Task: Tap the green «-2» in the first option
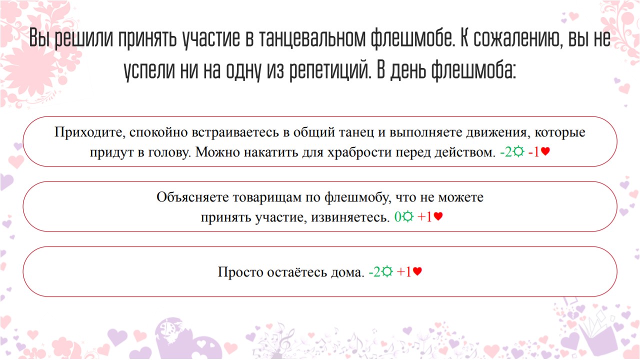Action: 505,151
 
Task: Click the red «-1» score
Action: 533,151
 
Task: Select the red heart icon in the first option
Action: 545,151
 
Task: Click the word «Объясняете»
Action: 192,197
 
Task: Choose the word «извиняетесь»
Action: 350,217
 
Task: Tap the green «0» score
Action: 397,217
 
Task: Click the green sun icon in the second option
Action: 407,216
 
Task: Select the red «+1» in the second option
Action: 425,217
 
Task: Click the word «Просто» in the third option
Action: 240,271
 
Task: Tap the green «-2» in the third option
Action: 374,271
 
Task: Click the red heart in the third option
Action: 417,271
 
